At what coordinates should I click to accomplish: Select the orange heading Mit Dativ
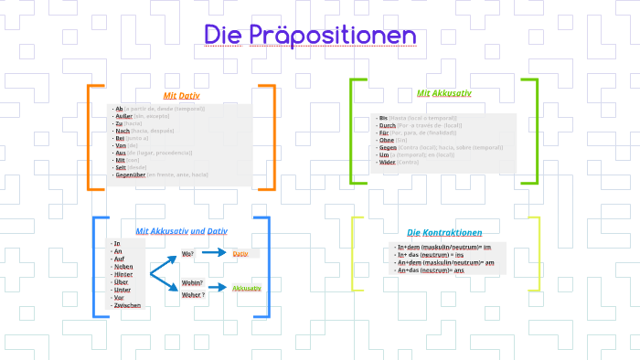(x=181, y=95)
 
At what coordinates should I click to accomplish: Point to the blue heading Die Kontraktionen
(x=444, y=233)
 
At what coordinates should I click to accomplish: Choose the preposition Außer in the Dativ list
(x=123, y=116)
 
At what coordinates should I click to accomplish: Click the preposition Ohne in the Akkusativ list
(x=386, y=139)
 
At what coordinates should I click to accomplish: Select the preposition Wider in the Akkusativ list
(x=387, y=162)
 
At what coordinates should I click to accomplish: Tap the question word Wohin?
(x=192, y=283)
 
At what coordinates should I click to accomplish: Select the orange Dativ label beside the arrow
(x=240, y=253)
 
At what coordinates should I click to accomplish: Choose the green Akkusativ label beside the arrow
(x=247, y=288)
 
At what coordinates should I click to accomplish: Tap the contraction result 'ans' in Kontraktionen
(x=459, y=270)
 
